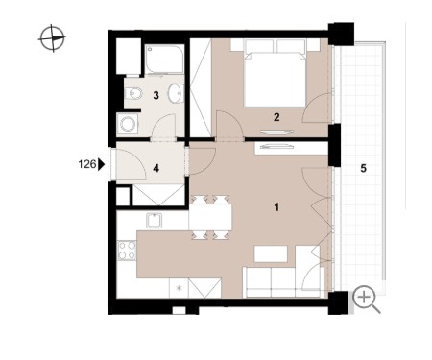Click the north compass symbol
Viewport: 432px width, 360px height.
(52, 38)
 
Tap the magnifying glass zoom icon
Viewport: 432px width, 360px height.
(366, 300)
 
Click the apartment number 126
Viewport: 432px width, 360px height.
(87, 164)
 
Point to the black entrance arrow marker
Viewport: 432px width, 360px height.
(102, 164)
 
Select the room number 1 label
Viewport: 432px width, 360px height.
(276, 207)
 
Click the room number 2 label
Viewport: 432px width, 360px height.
(276, 117)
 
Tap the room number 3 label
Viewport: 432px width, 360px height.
(156, 95)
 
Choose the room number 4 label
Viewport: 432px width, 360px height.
(156, 168)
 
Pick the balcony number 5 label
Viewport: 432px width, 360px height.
(363, 168)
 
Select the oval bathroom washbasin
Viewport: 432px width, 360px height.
(176, 93)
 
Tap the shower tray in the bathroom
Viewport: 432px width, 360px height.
(164, 60)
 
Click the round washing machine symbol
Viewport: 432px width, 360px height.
(128, 123)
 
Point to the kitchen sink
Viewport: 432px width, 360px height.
(155, 221)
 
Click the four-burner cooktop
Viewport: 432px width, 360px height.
(127, 251)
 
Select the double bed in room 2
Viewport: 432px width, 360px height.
(275, 73)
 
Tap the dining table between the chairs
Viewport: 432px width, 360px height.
(210, 217)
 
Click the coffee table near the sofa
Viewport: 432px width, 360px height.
(271, 254)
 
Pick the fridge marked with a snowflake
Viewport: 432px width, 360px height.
(179, 288)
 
